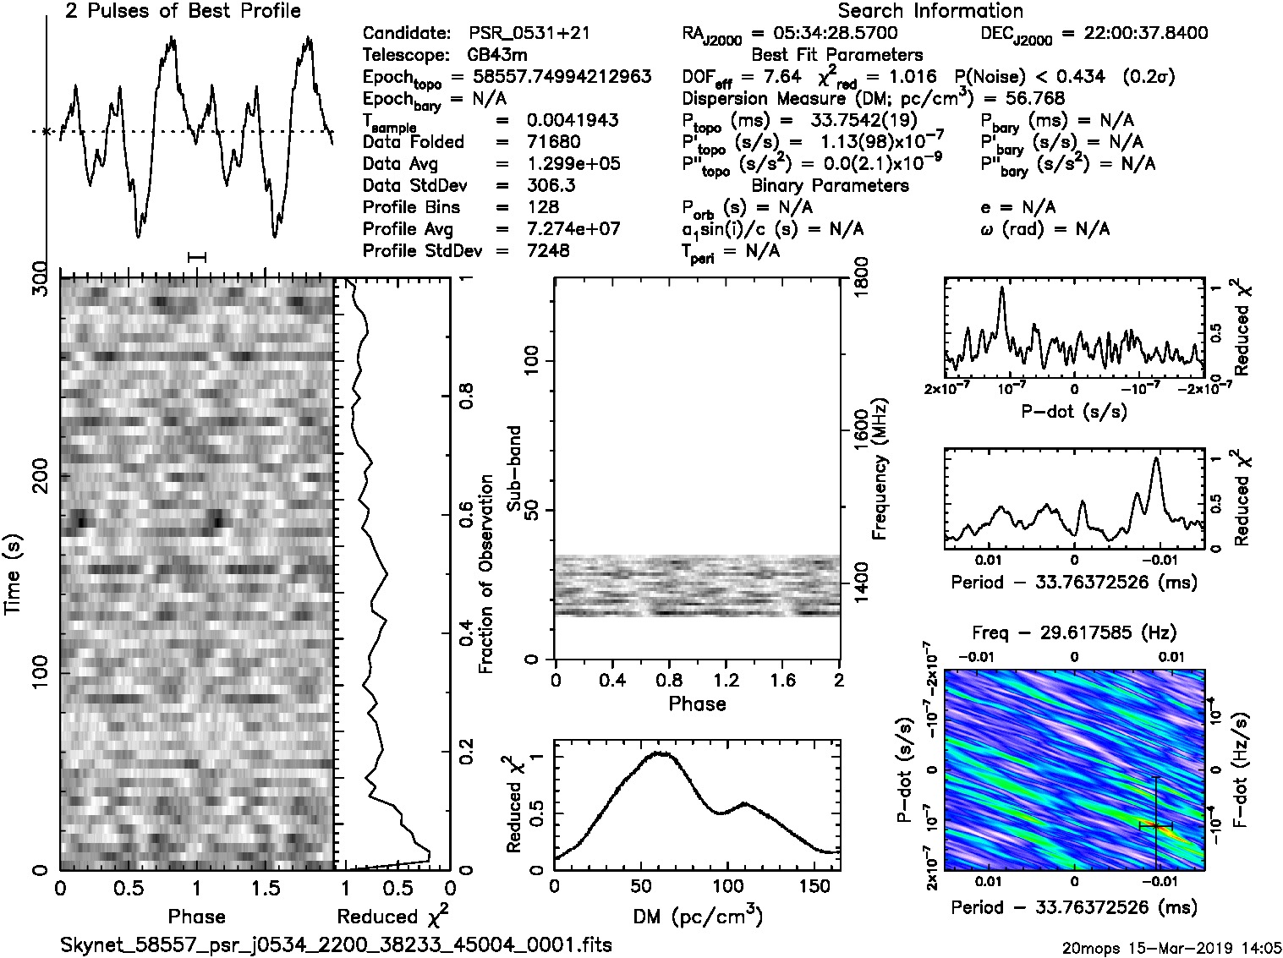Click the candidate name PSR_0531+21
(529, 34)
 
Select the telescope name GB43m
(498, 56)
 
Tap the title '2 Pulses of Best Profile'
(183, 11)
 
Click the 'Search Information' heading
(930, 11)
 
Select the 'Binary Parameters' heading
(830, 186)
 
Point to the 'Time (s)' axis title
(14, 574)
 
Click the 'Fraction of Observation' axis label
(485, 574)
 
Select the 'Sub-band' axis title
(513, 468)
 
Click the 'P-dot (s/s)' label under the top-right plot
(1074, 412)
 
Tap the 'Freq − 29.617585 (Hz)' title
(1074, 632)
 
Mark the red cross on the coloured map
(1155, 825)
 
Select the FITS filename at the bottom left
(336, 944)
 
